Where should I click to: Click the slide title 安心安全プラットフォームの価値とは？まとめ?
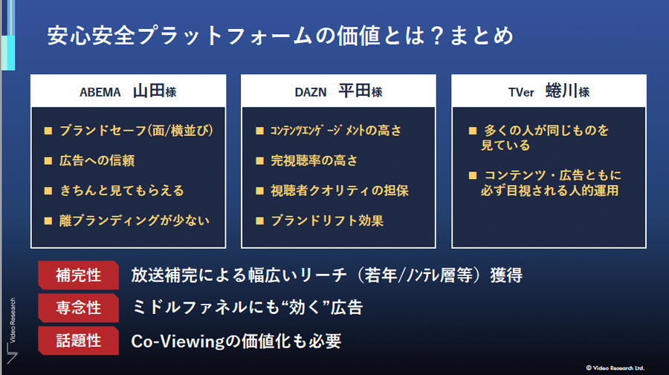[x=280, y=36]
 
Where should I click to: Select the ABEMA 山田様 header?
[x=128, y=91]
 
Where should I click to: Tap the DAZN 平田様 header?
[x=338, y=91]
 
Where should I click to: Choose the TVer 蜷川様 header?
[x=549, y=91]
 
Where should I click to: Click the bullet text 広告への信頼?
[x=97, y=160]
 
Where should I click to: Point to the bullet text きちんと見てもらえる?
[x=122, y=191]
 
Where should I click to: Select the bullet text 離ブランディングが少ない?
[x=134, y=221]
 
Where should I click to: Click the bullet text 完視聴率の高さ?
[x=314, y=160]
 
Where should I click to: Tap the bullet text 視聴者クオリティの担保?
[x=339, y=191]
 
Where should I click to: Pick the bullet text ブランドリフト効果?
[x=327, y=221]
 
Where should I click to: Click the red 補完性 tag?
[x=79, y=275]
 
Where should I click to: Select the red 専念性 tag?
[x=79, y=307]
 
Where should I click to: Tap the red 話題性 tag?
[x=79, y=341]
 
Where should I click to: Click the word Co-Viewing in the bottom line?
[x=178, y=342]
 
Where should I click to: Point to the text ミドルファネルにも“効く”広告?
[x=247, y=307]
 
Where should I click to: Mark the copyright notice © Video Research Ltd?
[x=615, y=368]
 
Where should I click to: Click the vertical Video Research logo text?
[x=13, y=321]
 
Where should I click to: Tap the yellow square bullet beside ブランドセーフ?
[x=48, y=131]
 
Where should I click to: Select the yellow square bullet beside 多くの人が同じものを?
[x=472, y=131]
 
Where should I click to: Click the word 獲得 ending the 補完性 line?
[x=506, y=275]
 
